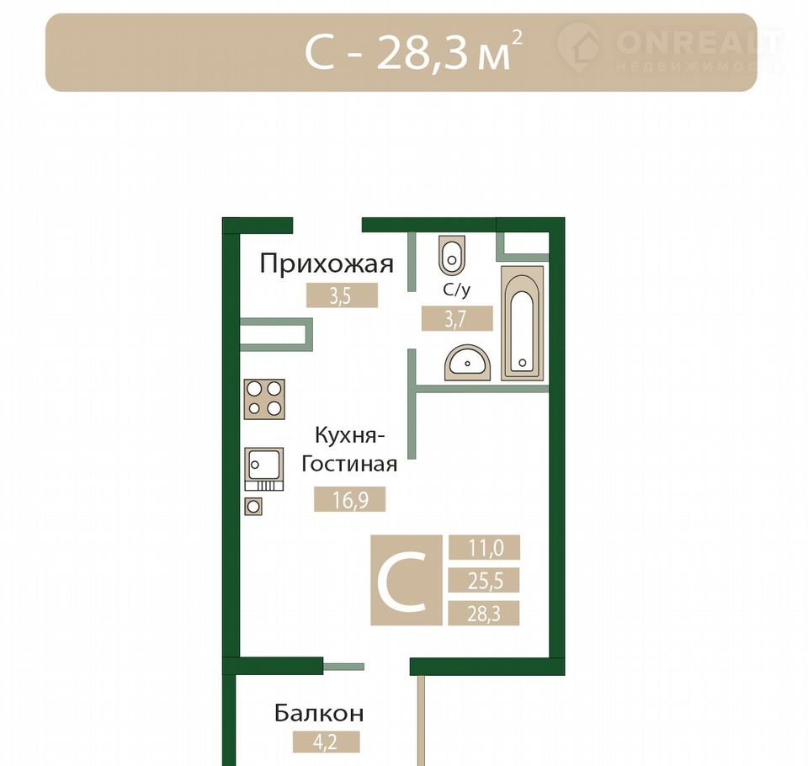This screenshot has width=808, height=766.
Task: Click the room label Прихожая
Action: (x=327, y=263)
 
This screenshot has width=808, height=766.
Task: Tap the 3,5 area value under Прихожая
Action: (x=342, y=296)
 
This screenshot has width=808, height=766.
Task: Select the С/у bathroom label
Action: (x=456, y=290)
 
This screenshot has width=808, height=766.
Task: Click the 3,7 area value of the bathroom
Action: (x=456, y=318)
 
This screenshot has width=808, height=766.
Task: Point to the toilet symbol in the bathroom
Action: (x=452, y=256)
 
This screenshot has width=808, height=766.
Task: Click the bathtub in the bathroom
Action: (x=522, y=324)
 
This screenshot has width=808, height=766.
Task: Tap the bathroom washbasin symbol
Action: (x=467, y=363)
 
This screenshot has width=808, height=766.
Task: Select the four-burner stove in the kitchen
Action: (x=264, y=399)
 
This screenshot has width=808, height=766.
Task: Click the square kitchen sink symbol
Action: (x=263, y=469)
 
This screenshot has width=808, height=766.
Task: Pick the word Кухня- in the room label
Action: (x=350, y=436)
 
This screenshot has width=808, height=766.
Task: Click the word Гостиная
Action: (x=349, y=464)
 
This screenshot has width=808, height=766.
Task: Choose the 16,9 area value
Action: (x=350, y=499)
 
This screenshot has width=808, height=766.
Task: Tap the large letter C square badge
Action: (x=406, y=580)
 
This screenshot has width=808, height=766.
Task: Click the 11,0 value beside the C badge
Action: (x=485, y=547)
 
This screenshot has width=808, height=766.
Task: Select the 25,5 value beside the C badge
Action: (x=485, y=581)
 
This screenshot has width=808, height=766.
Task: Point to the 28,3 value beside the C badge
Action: (x=485, y=614)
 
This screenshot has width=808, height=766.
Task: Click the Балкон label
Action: (x=319, y=713)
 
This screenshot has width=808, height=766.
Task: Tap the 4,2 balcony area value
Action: (x=326, y=742)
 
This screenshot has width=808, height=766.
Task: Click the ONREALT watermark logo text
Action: (x=699, y=42)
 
